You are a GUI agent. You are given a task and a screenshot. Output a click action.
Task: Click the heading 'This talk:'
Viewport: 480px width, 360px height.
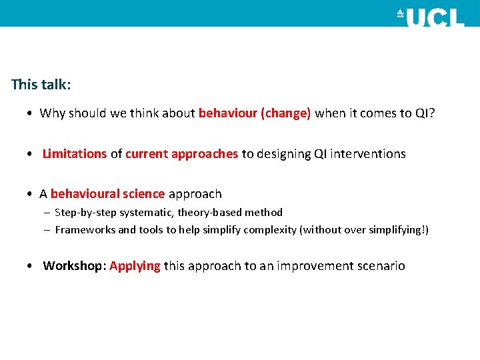click(41, 85)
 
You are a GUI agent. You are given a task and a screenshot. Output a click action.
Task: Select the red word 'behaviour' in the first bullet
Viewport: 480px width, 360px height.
click(229, 113)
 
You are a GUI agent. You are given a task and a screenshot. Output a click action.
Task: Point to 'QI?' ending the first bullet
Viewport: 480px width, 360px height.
click(425, 113)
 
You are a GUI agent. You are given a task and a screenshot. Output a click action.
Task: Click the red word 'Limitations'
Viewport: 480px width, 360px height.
click(75, 154)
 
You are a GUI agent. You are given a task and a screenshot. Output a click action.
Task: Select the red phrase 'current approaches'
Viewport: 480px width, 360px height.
click(181, 154)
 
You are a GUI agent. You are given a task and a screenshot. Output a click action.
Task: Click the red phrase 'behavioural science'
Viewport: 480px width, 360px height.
click(107, 194)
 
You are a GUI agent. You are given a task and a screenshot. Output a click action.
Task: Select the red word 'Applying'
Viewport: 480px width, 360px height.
click(135, 266)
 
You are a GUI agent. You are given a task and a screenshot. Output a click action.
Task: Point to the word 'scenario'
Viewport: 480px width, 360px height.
click(381, 266)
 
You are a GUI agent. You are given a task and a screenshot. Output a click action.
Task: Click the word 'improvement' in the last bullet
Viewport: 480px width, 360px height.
click(319, 266)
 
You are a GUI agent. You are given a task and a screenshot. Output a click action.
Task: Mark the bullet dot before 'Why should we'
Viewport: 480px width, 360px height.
click(31, 113)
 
